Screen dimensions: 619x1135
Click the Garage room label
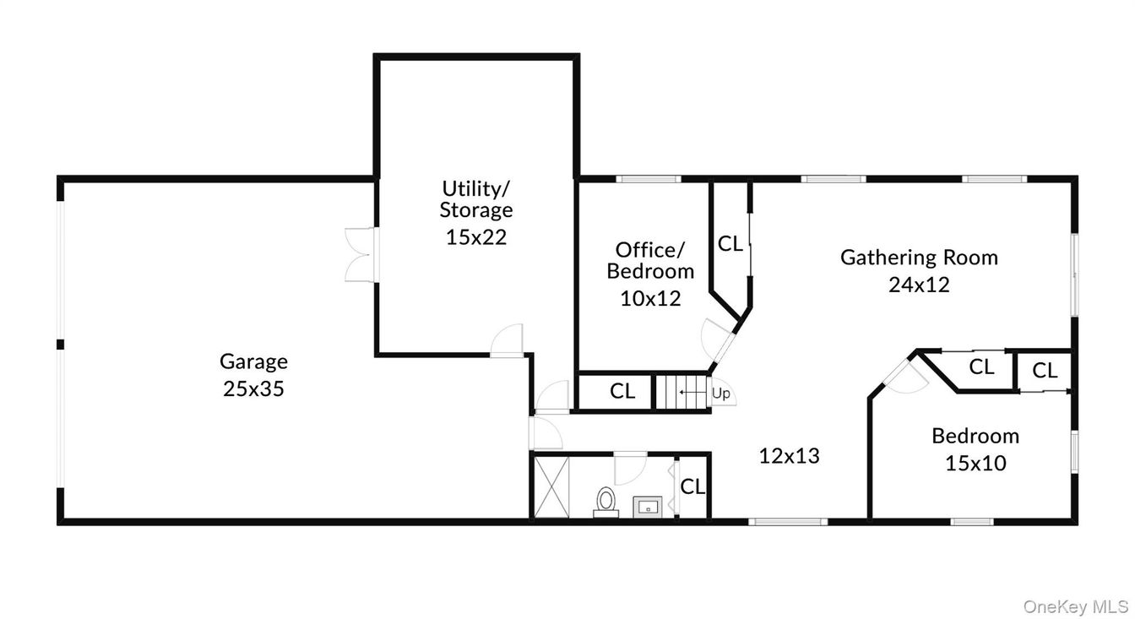pos(253,361)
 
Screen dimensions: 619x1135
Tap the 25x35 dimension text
pos(253,389)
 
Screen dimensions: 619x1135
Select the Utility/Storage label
pos(476,198)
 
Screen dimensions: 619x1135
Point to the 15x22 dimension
pos(476,237)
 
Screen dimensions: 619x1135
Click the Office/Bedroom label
pos(650,260)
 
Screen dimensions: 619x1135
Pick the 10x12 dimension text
pos(650,298)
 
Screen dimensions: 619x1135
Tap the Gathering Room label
pos(919,257)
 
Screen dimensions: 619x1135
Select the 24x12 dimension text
pos(919,285)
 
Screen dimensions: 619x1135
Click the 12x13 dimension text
pos(790,456)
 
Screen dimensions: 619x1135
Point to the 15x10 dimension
pos(975,463)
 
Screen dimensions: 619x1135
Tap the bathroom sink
pos(646,505)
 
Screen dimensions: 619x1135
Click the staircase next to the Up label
pos(682,392)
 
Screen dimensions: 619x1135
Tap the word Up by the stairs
pos(720,394)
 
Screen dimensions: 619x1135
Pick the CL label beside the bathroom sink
pos(692,486)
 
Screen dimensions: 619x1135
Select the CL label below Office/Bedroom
pos(622,391)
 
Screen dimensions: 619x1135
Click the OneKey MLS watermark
pos(1076,606)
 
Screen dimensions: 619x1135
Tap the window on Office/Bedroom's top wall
pos(648,179)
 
